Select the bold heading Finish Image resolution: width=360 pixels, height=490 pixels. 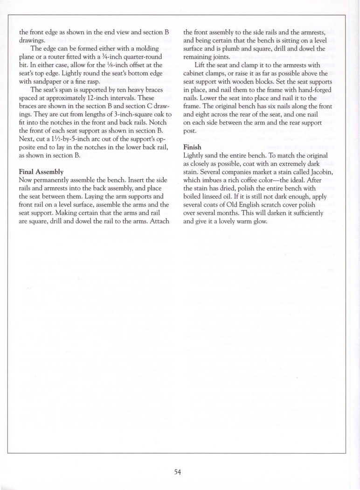pos(193,147)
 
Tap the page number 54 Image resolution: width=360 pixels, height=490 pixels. pos(177,472)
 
